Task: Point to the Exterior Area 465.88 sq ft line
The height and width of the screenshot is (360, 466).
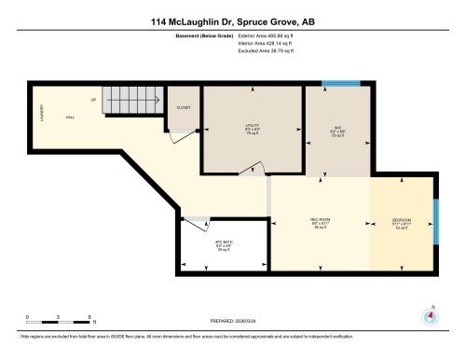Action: pos(267,35)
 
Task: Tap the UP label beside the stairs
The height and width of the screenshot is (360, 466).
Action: pos(93,99)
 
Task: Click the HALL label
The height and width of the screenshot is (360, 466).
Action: pos(70,118)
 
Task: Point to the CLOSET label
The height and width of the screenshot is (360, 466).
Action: pos(185,108)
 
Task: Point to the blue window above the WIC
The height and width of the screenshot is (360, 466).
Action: pos(334,85)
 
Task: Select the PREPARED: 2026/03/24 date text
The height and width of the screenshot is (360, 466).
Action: pos(232,317)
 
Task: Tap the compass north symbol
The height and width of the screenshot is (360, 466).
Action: pos(430,315)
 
